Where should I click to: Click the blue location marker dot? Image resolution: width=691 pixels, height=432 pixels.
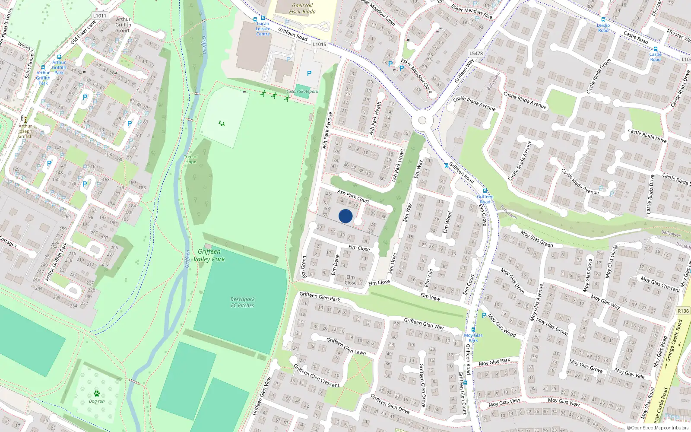[x=345, y=216]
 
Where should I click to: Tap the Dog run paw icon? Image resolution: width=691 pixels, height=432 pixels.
[x=97, y=394]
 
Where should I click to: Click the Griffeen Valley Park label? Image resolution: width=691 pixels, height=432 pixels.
[x=209, y=255]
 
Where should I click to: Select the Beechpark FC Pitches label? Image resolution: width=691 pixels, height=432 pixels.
[x=242, y=302]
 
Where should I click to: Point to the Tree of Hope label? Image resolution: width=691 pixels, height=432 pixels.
[x=190, y=159]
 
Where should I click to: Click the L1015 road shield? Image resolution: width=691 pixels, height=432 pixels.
[x=319, y=44]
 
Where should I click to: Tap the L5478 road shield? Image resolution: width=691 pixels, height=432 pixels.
[x=476, y=54]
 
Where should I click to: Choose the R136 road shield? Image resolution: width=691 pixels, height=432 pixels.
[x=683, y=311]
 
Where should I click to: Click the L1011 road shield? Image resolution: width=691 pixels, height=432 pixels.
[x=99, y=16]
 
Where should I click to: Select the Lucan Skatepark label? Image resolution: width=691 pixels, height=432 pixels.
[x=302, y=92]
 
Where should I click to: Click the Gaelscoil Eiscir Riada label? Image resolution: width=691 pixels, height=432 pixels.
[x=302, y=9]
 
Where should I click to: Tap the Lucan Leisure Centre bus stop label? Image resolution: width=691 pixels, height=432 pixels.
[x=263, y=29]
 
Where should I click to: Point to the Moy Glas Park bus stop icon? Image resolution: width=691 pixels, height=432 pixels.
[x=473, y=330]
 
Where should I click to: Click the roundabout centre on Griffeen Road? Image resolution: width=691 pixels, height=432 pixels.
[x=422, y=121]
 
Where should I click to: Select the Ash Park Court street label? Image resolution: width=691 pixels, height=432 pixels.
[x=353, y=197]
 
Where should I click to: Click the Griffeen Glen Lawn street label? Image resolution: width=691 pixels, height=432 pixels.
[x=346, y=346]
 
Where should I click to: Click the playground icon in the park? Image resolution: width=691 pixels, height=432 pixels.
[x=222, y=124]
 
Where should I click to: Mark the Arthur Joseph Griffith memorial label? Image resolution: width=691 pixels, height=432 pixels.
[x=25, y=131]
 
